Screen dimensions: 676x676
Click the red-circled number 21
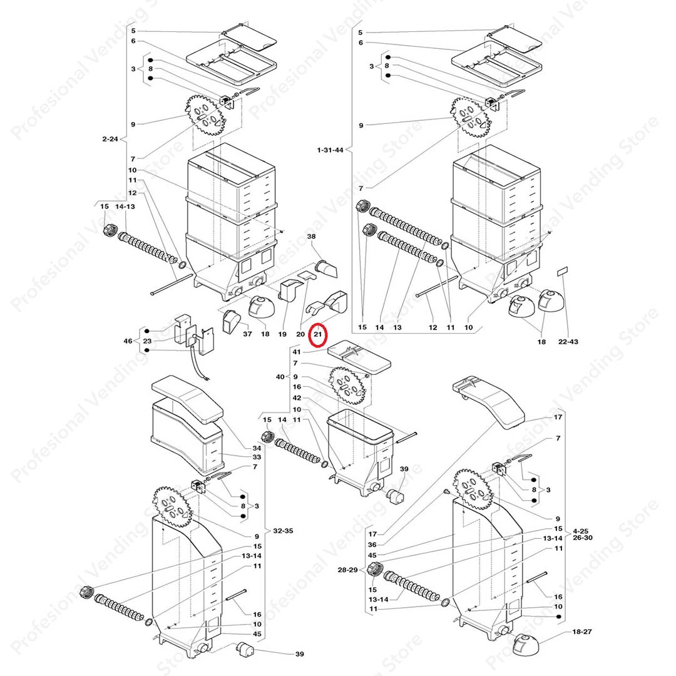tap(318, 334)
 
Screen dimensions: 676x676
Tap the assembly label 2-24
tap(110, 139)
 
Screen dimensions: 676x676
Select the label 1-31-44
tap(330, 150)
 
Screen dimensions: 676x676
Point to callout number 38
tap(311, 236)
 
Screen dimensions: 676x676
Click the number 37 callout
tap(247, 334)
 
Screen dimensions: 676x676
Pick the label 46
tap(128, 341)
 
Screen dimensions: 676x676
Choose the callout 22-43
tap(568, 342)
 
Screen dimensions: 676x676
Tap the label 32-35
tap(284, 531)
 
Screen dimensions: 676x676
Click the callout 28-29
tap(347, 570)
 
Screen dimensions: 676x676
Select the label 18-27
tap(582, 632)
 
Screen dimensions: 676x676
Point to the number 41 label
tap(297, 352)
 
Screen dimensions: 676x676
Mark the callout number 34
tap(257, 448)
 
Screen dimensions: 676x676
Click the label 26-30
tap(583, 538)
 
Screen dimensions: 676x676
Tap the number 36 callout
tap(372, 545)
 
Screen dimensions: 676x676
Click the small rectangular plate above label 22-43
tap(563, 271)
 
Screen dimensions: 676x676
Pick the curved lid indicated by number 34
tap(188, 397)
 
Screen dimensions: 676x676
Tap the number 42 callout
tap(297, 398)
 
